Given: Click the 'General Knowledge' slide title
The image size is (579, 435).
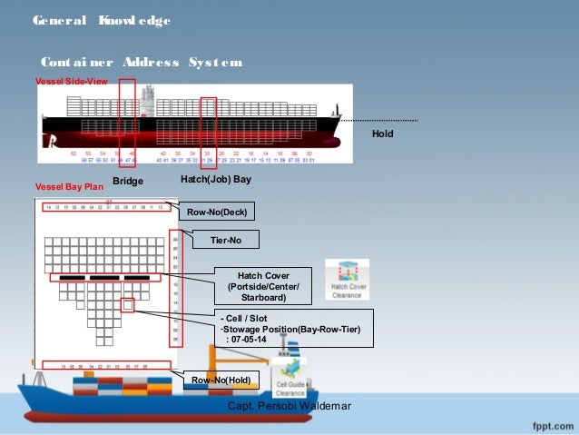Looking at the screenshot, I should [101, 20].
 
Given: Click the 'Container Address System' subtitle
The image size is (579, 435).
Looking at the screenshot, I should [141, 63].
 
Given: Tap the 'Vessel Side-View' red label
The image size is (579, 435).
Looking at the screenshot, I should [64, 81].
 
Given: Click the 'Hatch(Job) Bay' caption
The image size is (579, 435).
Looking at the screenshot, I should [216, 180].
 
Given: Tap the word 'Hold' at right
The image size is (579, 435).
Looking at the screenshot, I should [384, 133].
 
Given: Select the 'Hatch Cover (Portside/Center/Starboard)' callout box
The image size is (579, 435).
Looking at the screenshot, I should [262, 285].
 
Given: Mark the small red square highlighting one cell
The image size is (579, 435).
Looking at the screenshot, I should [128, 307].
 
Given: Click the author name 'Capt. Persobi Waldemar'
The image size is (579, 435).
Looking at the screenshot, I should [289, 405].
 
